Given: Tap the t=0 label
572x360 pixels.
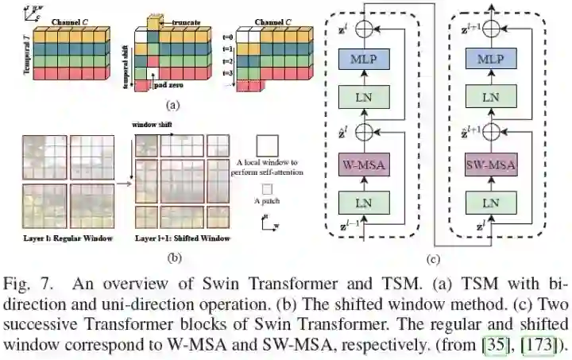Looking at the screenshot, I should click(x=227, y=37).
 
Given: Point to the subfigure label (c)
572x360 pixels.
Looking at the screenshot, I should click(x=433, y=257).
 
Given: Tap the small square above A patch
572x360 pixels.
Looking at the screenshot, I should click(x=268, y=189).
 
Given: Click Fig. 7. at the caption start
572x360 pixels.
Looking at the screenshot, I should click(x=25, y=282).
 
